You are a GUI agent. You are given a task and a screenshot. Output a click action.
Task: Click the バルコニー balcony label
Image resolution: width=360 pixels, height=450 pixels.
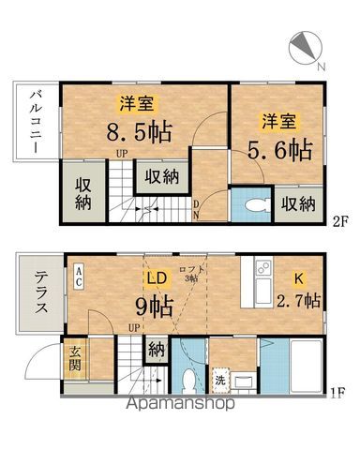pos(34,123)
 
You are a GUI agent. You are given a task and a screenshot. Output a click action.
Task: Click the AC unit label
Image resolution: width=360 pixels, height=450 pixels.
pos(79,275)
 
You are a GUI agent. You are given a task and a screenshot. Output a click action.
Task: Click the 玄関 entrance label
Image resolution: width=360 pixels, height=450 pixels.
pos(76,359)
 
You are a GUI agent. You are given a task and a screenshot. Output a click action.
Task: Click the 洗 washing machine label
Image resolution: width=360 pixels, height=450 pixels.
pos(219,382)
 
